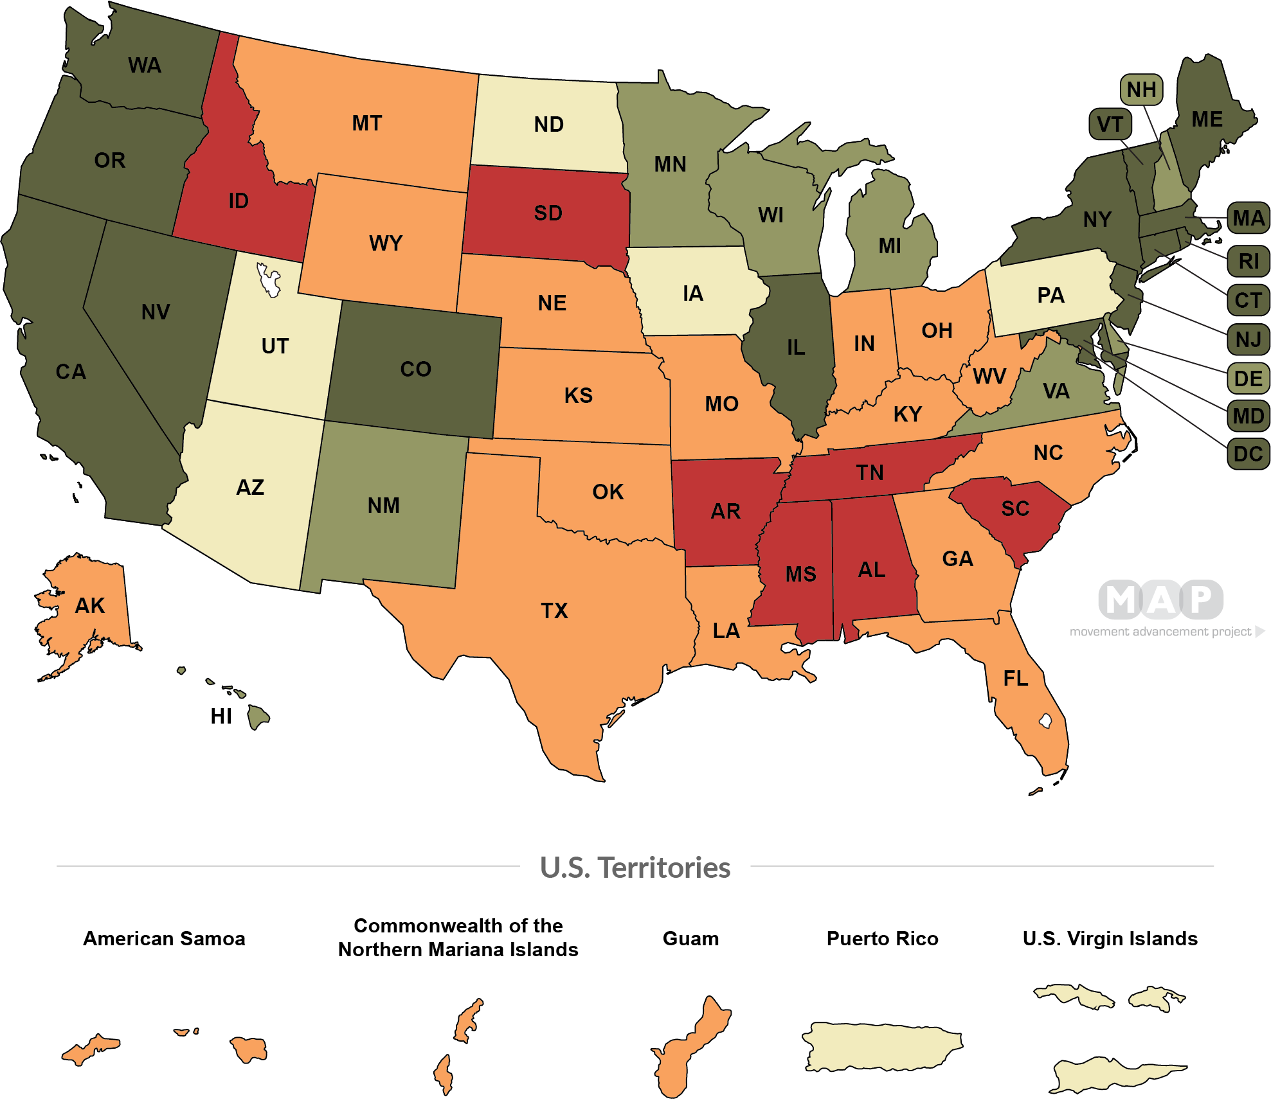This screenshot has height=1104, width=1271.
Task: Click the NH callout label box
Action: (1141, 90)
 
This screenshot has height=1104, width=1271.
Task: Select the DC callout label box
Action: (1248, 454)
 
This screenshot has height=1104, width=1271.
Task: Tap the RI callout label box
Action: (1248, 262)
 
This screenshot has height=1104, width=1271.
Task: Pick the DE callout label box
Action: (1248, 378)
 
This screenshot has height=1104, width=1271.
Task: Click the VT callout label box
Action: (1110, 124)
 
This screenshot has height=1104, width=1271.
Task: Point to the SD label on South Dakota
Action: (548, 213)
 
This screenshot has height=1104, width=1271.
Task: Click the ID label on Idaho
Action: (239, 201)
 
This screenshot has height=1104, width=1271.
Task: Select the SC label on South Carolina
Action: (1015, 509)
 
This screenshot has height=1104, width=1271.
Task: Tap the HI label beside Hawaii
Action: (221, 717)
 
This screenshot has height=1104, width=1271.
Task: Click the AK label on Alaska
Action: (89, 606)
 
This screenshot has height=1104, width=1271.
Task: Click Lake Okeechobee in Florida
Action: (1045, 721)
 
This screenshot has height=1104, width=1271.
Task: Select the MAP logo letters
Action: (1160, 600)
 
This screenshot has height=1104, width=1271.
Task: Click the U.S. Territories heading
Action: (635, 868)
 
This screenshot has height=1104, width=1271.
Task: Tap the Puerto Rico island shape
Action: (882, 1047)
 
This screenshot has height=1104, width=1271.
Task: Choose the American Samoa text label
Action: (164, 939)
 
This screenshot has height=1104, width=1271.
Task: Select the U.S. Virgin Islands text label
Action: (1110, 939)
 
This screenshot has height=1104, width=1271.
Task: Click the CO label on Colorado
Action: (415, 369)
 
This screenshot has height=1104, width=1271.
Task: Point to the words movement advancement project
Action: (1160, 632)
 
